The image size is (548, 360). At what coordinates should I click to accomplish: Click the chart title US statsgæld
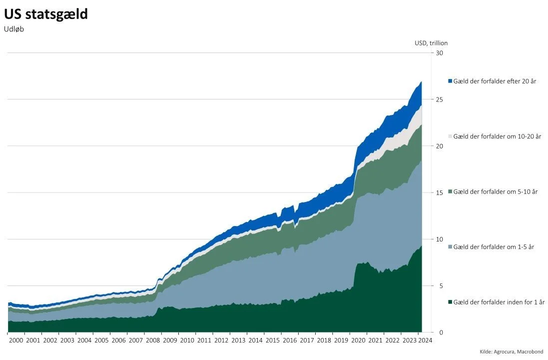[46, 14]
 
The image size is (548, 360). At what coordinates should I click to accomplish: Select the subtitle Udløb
[14, 29]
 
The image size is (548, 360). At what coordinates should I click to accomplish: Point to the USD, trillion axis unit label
[431, 43]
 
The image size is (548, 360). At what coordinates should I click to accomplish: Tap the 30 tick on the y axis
[440, 53]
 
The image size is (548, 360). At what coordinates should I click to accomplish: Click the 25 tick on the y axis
[440, 99]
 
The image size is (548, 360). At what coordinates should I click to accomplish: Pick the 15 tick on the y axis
[440, 192]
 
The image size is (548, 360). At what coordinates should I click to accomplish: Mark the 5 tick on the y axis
[438, 285]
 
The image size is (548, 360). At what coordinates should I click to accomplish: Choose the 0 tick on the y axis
[438, 332]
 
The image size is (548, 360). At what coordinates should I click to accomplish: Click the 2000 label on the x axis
[16, 340]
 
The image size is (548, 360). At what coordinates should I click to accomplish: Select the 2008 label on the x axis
[153, 340]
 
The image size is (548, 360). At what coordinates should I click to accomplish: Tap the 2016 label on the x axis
[289, 340]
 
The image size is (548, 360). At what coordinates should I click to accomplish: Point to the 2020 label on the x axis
[357, 340]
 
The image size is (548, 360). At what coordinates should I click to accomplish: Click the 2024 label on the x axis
[426, 340]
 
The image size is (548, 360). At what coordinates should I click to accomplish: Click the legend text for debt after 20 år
[495, 81]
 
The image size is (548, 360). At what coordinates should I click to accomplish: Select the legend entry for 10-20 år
[497, 136]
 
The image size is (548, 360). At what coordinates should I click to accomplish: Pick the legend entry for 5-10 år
[495, 191]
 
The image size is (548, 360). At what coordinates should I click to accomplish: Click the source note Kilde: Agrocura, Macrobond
[511, 352]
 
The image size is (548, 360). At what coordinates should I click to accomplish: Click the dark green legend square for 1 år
[450, 302]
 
